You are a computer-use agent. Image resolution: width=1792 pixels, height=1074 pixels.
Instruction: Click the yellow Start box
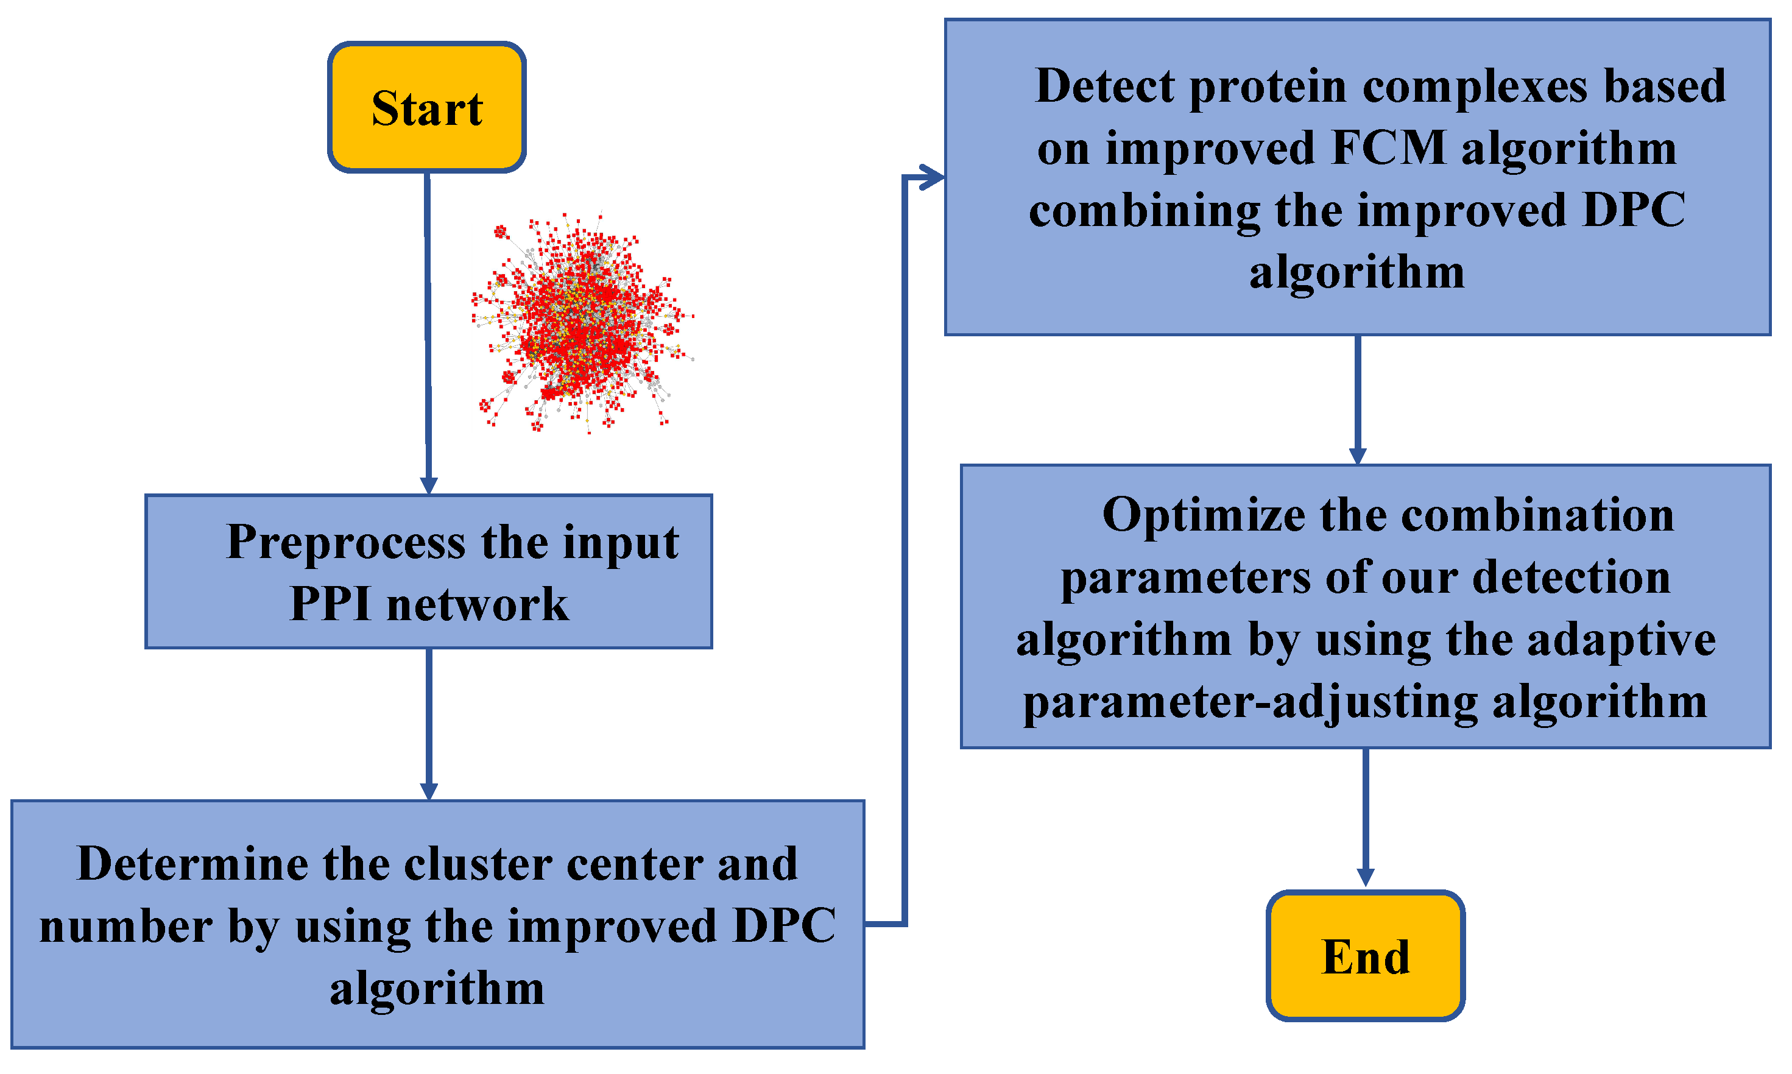click(426, 107)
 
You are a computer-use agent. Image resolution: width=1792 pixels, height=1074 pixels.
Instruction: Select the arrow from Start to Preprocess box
click(428, 326)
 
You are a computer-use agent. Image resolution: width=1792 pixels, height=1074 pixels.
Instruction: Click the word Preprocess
click(346, 543)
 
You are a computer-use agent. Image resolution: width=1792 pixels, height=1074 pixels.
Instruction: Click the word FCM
click(1388, 149)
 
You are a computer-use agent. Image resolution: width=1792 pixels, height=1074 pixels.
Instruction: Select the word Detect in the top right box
click(1104, 87)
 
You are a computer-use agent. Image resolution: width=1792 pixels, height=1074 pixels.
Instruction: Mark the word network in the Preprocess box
click(478, 604)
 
